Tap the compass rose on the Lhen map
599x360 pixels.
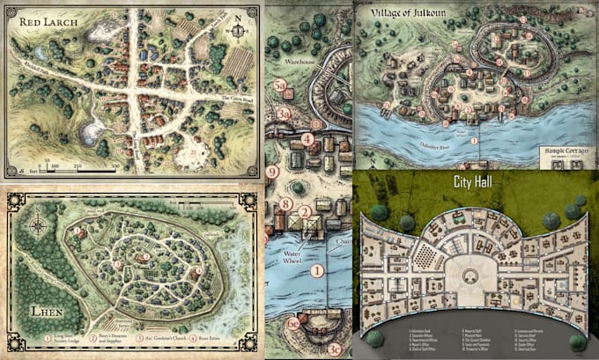click(x=37, y=225)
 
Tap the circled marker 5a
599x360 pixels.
click(x=280, y=85)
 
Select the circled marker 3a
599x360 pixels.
click(x=283, y=113)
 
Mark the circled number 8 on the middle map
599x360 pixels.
click(x=287, y=205)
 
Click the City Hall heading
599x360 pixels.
click(x=476, y=186)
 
